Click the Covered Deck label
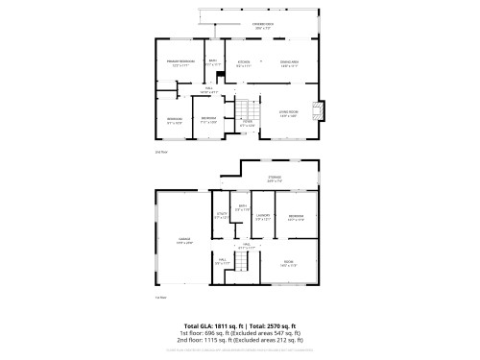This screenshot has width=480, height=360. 263,22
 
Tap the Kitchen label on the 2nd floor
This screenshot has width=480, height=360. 244,63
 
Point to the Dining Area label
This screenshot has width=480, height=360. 289,63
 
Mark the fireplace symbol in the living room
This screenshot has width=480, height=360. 318,108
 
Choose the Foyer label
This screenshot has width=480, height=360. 247,122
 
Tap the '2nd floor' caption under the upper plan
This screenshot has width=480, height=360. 160,152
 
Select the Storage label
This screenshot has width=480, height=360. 275,177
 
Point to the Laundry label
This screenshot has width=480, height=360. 262,216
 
